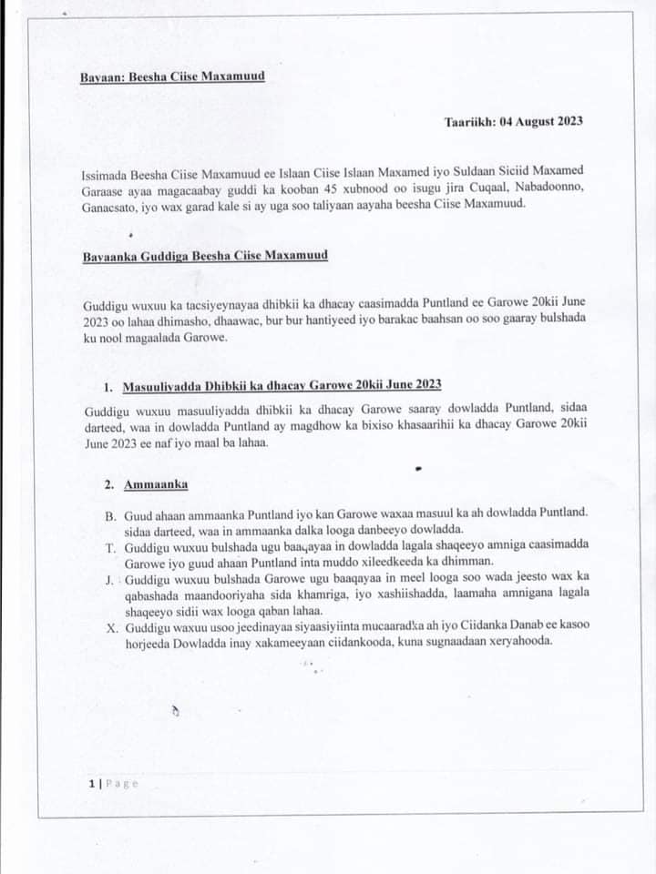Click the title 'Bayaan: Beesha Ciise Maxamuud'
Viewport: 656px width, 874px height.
pos(172,76)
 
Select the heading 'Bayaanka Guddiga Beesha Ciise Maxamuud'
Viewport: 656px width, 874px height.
pos(205,256)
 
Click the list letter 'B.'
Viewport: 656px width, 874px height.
pos(111,516)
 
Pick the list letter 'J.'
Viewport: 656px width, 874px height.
pos(109,578)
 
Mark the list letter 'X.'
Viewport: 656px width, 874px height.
pos(111,625)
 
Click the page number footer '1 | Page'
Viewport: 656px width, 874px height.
pos(113,783)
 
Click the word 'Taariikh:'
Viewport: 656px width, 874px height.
pos(470,120)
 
